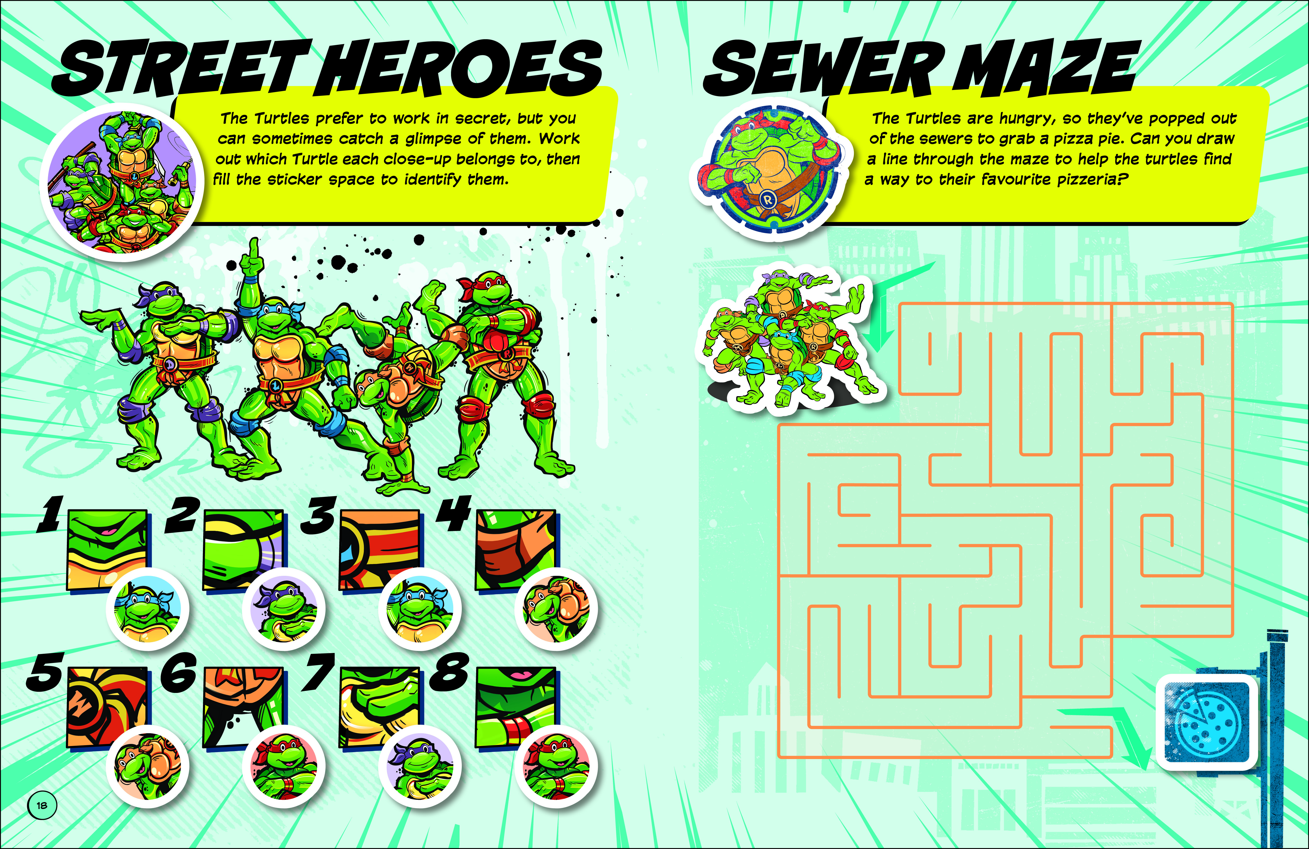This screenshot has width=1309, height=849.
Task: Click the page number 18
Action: click(x=42, y=805)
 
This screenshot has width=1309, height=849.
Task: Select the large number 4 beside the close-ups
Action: click(x=454, y=513)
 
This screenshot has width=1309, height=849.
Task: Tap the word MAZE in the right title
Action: click(x=1044, y=67)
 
